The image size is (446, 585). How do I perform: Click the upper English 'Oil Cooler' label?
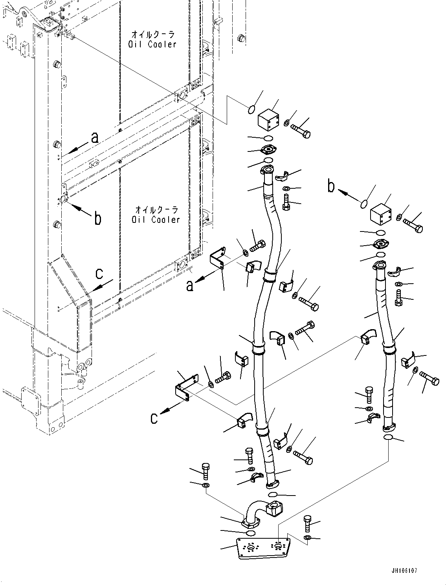point(152,44)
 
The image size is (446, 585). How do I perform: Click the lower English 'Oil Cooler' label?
point(156,220)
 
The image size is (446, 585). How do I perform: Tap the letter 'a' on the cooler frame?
point(94,138)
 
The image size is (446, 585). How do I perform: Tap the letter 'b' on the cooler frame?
point(97,219)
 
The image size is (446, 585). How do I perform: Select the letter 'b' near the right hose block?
point(331,186)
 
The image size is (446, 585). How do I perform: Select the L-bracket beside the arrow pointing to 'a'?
point(217,259)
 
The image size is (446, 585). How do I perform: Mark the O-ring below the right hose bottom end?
point(387,438)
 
